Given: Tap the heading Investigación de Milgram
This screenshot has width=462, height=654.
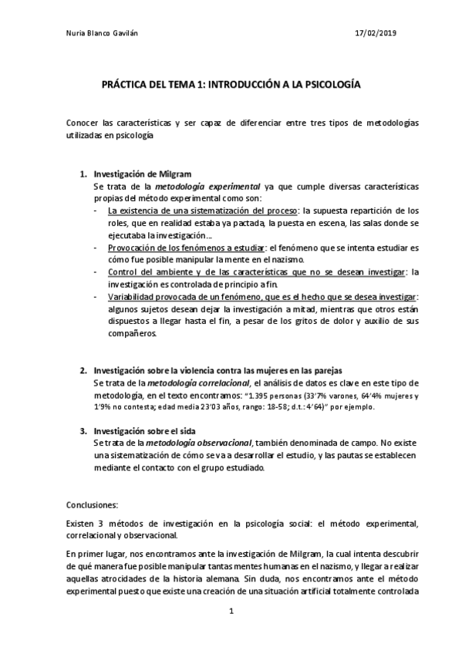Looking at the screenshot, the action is [142, 174].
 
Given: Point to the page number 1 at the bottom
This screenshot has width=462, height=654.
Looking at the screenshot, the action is [230, 612].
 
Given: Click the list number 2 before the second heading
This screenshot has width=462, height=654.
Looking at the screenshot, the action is [84, 370].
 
